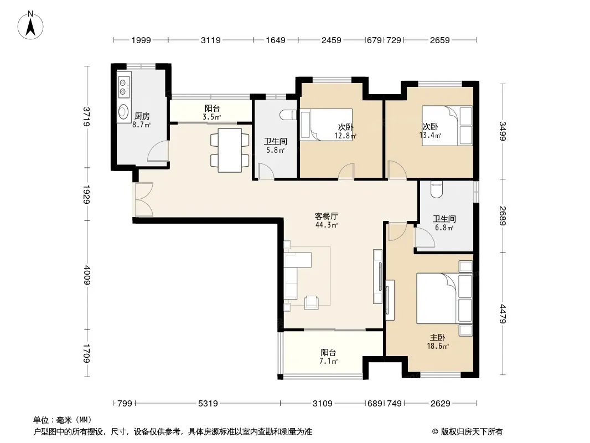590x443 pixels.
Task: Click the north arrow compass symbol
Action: (x=30, y=25)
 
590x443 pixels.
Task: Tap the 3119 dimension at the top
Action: (x=210, y=40)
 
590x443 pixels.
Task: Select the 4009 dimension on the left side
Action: (x=87, y=275)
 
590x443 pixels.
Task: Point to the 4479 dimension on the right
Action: (x=503, y=314)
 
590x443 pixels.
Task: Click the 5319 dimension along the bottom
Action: (x=208, y=404)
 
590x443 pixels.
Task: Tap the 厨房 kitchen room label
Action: (x=142, y=116)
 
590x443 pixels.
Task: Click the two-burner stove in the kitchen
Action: (x=123, y=86)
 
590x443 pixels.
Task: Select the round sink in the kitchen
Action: (x=123, y=111)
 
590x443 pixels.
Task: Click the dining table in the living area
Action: (x=230, y=150)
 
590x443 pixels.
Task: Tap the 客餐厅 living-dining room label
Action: (x=326, y=217)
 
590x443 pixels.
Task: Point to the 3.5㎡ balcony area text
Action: (x=212, y=117)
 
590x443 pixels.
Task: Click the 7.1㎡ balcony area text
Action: (x=329, y=362)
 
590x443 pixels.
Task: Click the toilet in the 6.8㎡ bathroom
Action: (x=437, y=190)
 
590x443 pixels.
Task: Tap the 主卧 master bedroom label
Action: (x=438, y=338)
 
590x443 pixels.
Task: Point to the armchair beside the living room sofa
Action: (x=312, y=302)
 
